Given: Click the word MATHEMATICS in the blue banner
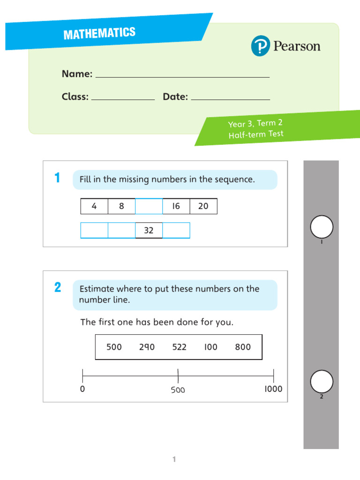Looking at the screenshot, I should (x=99, y=34).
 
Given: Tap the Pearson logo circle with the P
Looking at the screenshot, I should (x=261, y=46).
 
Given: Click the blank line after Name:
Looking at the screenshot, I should (x=182, y=76).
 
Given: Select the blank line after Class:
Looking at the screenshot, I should (x=123, y=99).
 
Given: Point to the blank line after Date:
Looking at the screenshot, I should (x=231, y=99).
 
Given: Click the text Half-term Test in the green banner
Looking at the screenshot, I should (x=256, y=135).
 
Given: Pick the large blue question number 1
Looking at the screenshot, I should (x=57, y=178).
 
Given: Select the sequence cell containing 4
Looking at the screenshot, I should (x=94, y=206).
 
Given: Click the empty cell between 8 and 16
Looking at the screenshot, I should (x=149, y=206).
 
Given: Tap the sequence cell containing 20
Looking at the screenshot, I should (x=203, y=206).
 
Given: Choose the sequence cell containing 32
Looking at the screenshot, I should (x=149, y=231).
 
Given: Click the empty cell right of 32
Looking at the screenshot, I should (x=176, y=231).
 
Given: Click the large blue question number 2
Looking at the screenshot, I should (x=57, y=288).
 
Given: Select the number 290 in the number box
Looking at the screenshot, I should (x=147, y=347).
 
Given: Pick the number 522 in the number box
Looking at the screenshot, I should (x=179, y=347).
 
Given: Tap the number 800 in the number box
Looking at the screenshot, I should (x=243, y=347).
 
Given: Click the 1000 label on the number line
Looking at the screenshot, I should (x=273, y=389).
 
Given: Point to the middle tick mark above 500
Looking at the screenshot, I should (x=178, y=375).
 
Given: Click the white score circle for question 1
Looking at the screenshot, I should (x=322, y=227).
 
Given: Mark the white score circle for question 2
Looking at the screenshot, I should (x=322, y=381).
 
